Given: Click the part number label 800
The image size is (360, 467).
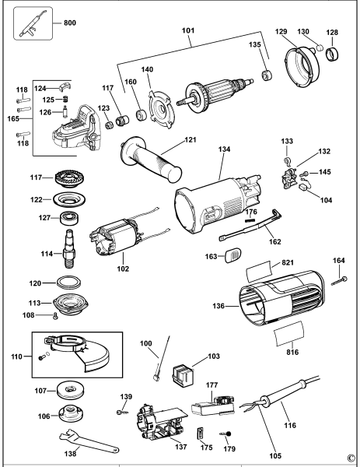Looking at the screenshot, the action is [70, 23].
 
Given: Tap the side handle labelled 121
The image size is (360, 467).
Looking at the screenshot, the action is [151, 160].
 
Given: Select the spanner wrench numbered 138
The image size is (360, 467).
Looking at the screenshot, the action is [89, 441].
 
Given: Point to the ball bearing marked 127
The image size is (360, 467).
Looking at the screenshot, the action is [70, 218].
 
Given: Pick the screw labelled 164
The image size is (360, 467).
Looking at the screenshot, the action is [340, 281].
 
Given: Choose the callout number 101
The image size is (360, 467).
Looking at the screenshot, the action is [188, 30].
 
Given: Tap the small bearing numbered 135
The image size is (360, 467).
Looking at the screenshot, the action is [267, 75].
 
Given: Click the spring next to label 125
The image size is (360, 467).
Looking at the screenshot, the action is [65, 99].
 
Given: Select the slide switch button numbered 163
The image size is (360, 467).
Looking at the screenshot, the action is [232, 255].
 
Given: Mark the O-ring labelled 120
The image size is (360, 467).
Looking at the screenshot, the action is [69, 282].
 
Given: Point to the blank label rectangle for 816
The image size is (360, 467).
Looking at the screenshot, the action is [289, 334].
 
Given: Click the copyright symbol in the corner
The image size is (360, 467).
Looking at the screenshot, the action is [351, 457].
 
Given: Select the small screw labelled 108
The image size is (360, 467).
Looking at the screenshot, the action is [54, 316].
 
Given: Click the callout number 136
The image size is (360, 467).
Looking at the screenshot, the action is [218, 306].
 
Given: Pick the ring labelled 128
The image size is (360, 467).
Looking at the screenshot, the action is [332, 54].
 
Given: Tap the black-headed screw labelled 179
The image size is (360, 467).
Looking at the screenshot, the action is [226, 434].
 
